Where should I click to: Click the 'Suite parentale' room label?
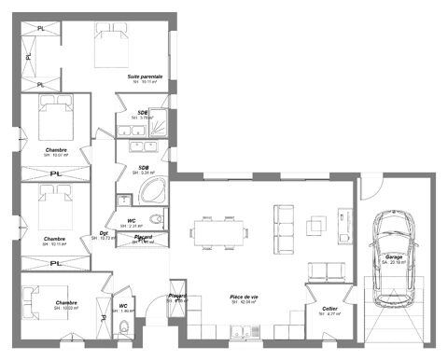145,76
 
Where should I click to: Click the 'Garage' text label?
393,256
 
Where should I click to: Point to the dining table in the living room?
222,229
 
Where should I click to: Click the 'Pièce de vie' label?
244,297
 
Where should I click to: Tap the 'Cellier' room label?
329,308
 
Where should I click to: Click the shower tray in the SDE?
160,121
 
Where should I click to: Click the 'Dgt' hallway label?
104,233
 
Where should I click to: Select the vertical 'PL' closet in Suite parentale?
28,56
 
